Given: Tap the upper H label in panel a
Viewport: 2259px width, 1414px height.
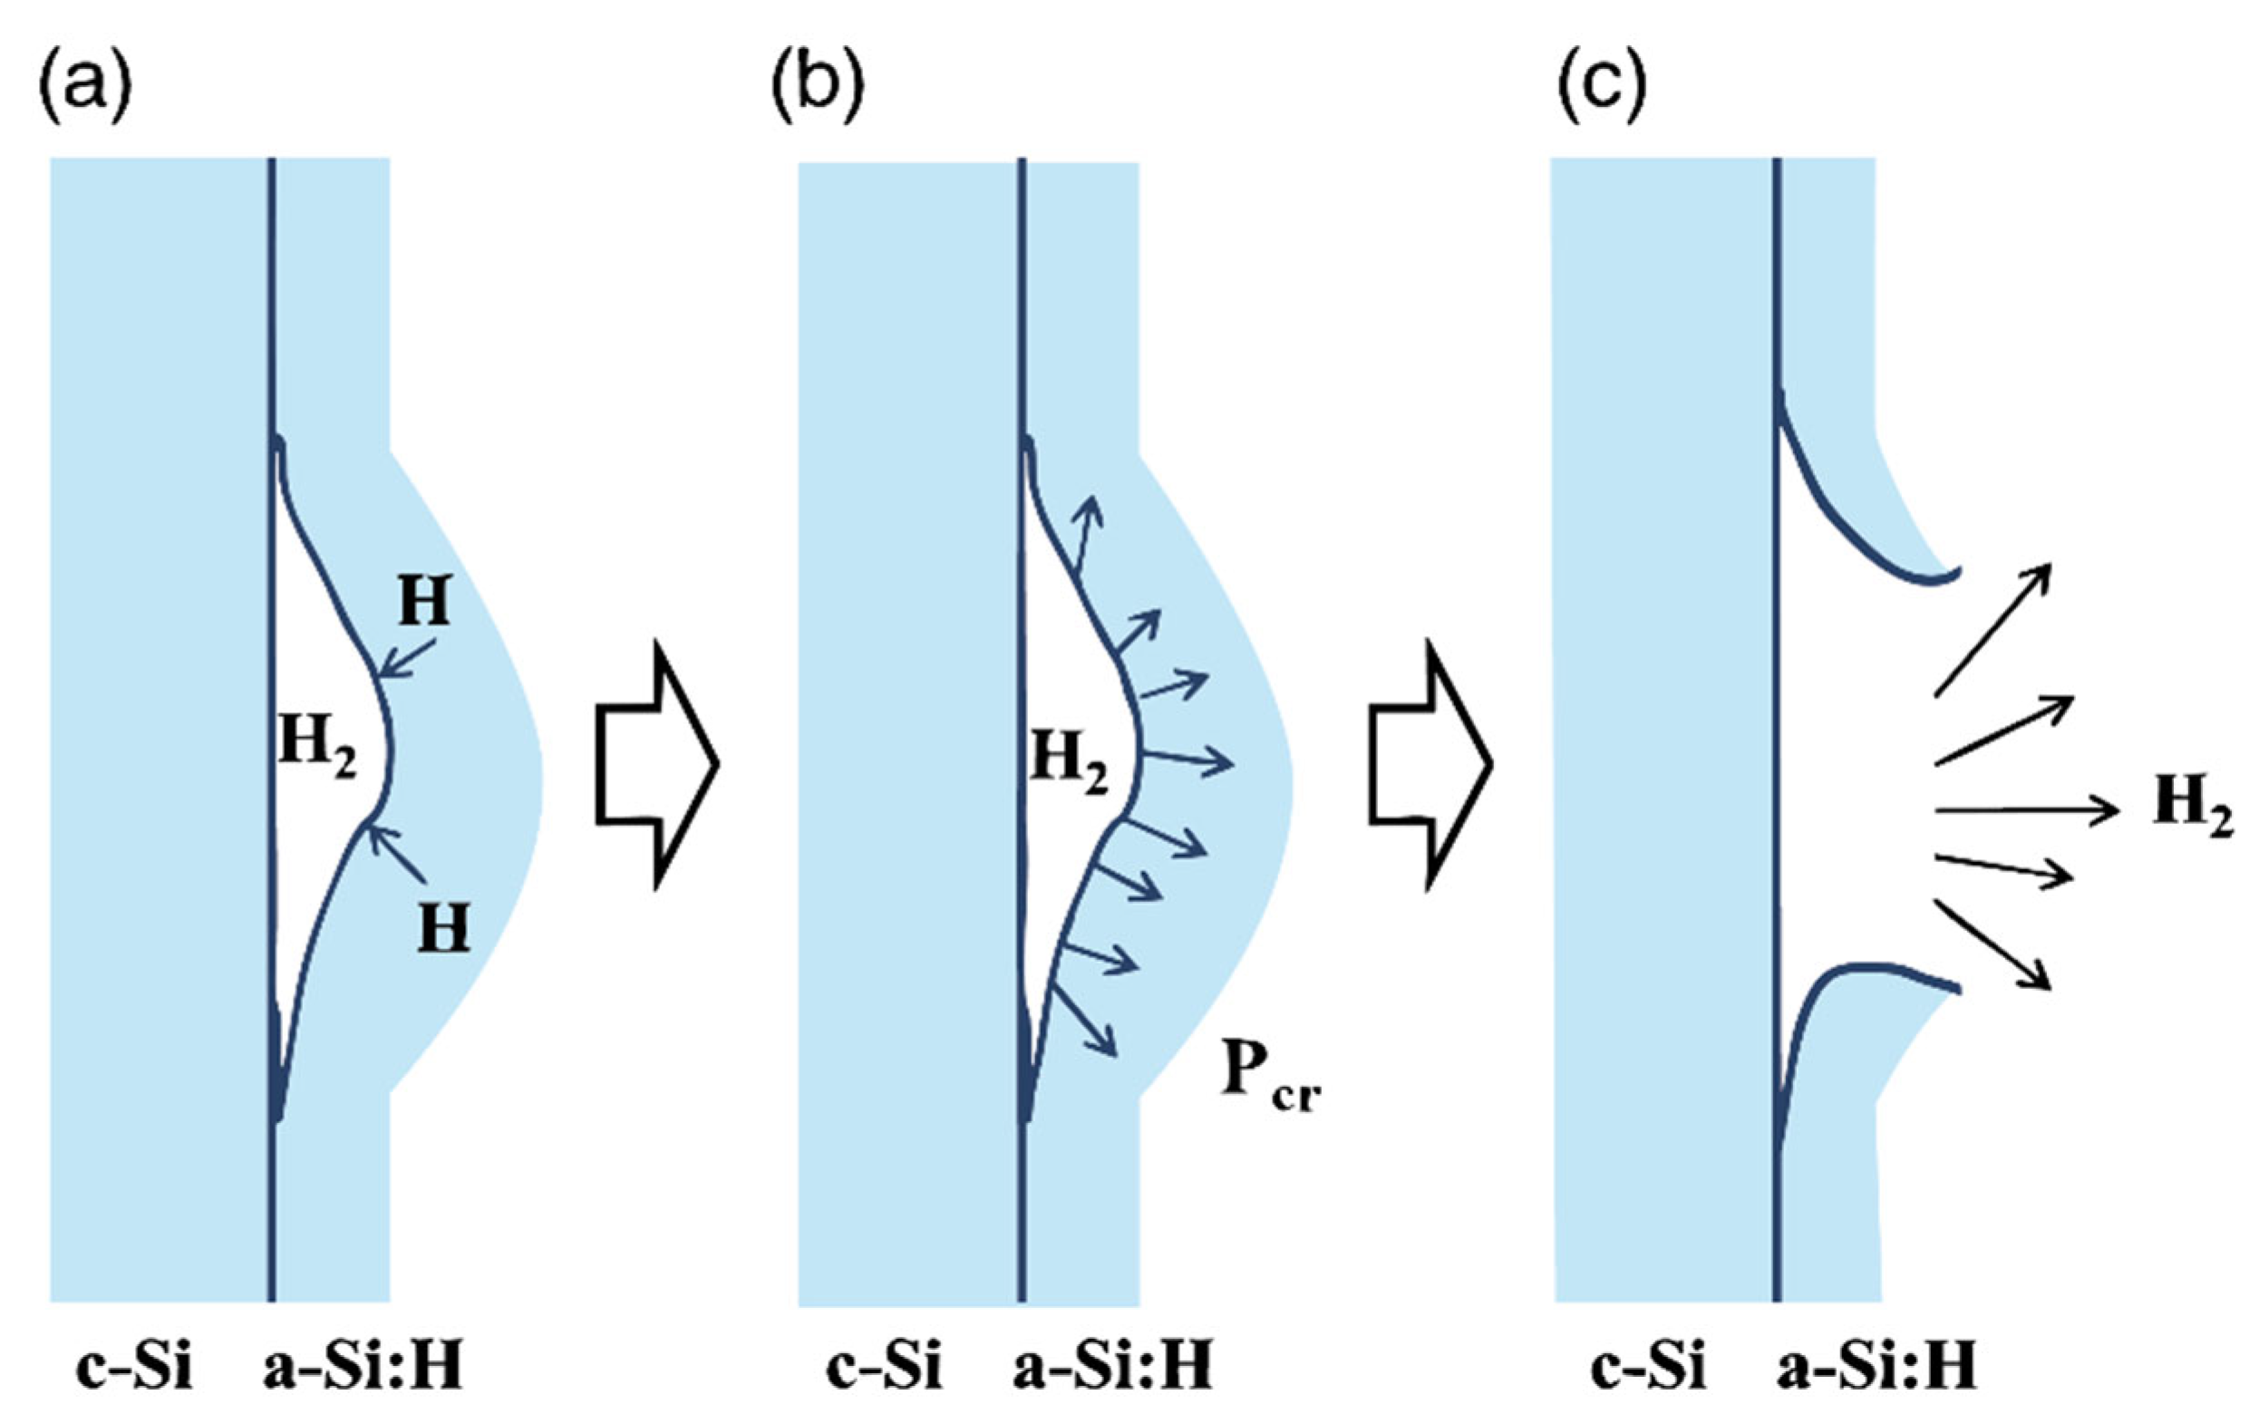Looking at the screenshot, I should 425,601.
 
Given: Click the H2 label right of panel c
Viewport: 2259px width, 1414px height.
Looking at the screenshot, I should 2192,809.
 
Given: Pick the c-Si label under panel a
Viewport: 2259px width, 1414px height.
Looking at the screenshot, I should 133,1367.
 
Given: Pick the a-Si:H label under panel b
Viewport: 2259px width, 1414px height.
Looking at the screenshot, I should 1111,1367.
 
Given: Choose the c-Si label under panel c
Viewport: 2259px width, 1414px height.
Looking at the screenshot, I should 1648,1367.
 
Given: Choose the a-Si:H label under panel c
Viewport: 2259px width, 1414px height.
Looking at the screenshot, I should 1876,1367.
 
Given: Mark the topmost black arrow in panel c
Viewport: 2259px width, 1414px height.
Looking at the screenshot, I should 1992,630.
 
